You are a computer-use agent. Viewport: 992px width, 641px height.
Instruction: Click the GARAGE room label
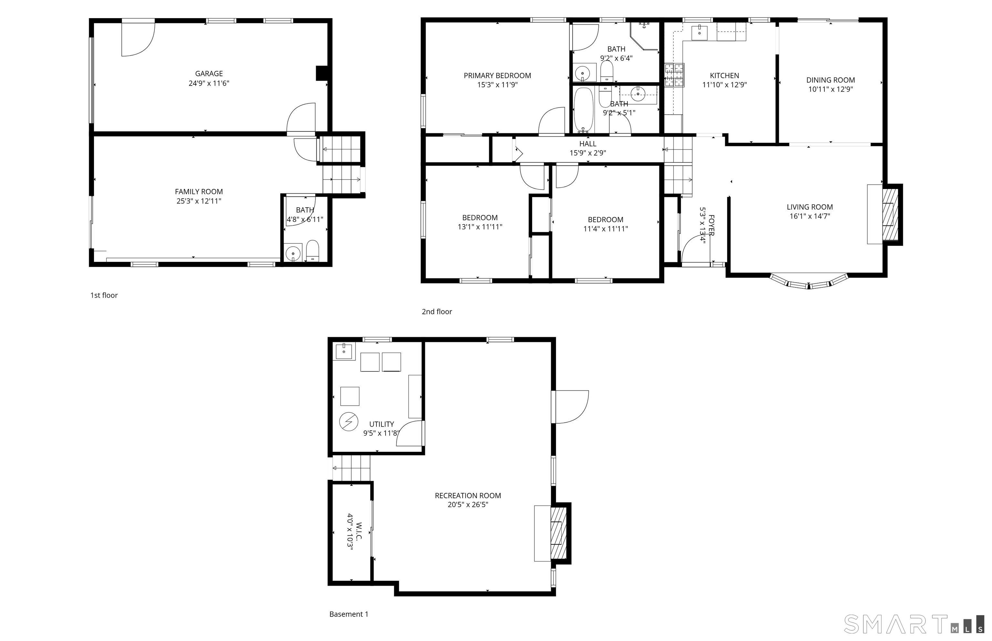coord(209,74)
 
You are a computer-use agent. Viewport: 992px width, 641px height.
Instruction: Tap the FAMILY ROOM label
coord(199,192)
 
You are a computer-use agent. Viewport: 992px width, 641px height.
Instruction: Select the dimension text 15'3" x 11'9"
coord(497,85)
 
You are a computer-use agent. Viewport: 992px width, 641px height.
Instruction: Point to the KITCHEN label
coord(724,76)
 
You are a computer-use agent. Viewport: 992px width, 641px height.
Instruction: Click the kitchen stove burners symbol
coord(674,75)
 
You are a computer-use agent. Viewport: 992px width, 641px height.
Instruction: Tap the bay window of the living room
coord(809,281)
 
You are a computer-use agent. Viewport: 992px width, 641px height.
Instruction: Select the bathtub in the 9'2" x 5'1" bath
coord(584,110)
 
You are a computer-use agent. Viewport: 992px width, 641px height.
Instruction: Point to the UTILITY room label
coord(382,424)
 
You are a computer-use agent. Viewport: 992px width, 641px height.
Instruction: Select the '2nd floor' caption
coord(437,311)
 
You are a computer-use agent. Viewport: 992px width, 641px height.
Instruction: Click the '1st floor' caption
coord(104,295)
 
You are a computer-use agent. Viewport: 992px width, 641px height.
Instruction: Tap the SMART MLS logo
coord(914,624)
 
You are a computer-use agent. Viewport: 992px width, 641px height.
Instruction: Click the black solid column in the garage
coord(322,73)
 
